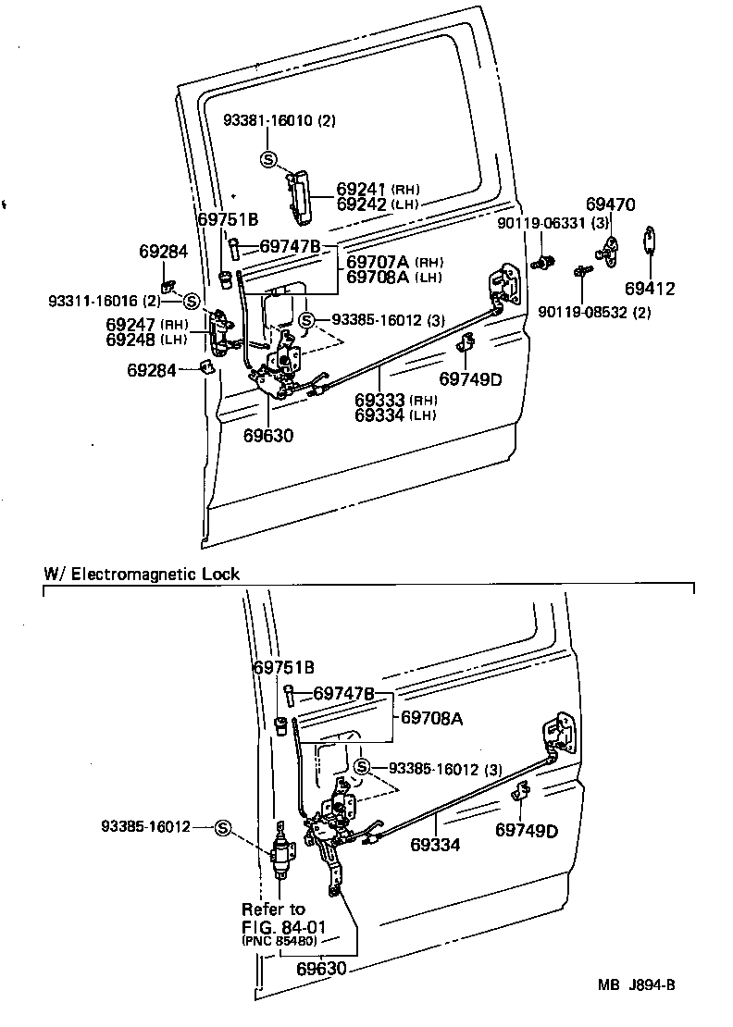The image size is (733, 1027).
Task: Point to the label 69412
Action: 649,289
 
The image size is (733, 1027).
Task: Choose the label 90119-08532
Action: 598,313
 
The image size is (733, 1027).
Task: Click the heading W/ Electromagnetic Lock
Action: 142,574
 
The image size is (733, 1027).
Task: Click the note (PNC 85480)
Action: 280,941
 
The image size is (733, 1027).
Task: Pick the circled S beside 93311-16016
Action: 192,301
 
